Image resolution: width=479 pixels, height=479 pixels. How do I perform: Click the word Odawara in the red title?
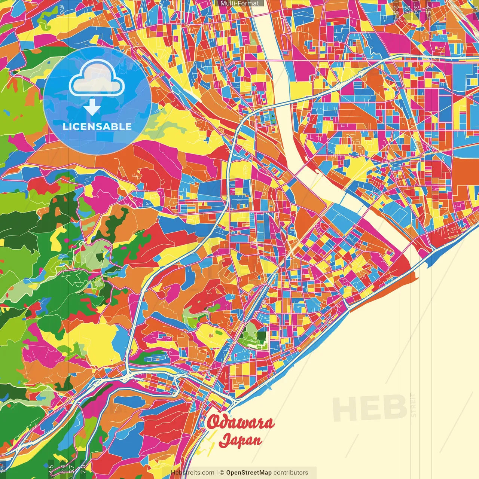tap(240, 422)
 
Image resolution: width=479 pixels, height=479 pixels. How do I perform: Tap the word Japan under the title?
tap(240, 440)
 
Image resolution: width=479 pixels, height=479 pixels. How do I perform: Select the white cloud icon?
tap(97, 79)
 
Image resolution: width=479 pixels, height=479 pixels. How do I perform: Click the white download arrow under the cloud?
tap(92, 108)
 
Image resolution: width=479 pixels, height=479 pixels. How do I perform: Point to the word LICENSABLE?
tap(97, 126)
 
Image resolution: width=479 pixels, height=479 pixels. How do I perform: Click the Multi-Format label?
tap(239, 3)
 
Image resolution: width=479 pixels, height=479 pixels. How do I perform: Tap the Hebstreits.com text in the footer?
tap(192, 473)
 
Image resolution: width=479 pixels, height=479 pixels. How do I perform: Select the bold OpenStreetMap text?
tap(248, 473)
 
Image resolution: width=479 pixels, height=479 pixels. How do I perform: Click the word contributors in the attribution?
tap(291, 473)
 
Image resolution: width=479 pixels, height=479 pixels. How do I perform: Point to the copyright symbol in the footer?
tap(222, 473)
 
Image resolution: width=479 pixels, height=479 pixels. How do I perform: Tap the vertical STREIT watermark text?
tap(414, 405)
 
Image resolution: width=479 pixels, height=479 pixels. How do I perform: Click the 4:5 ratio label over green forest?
tap(51, 469)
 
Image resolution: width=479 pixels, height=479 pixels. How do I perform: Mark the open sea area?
tap(374, 356)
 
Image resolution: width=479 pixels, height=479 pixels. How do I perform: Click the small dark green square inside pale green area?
tap(100, 257)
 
